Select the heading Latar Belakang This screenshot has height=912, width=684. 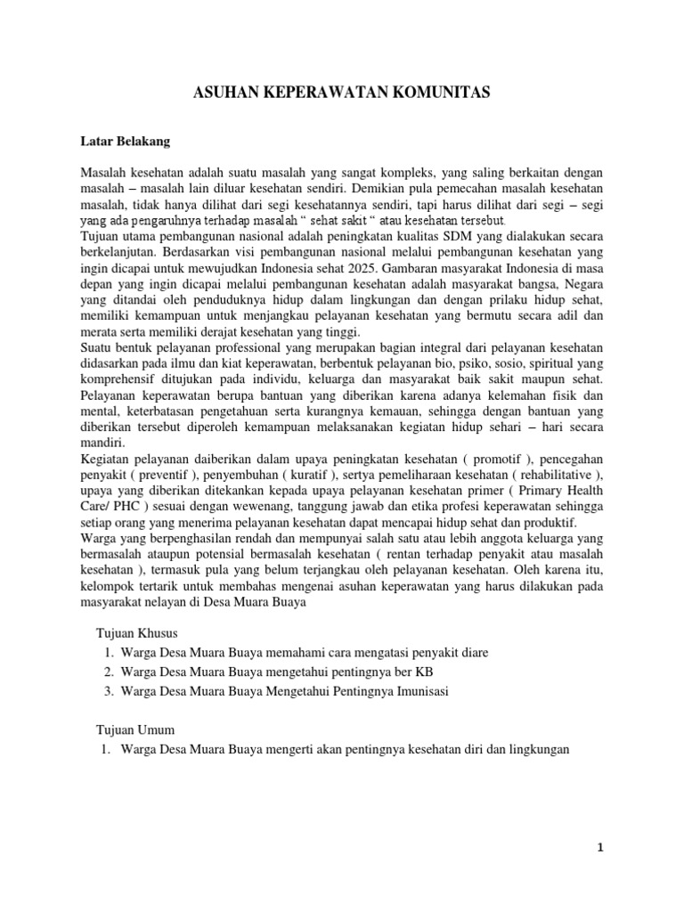[x=118, y=141]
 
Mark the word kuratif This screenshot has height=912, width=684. [x=292, y=474]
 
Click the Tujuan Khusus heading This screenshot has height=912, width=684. [x=137, y=633]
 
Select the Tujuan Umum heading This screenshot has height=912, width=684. [x=135, y=729]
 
